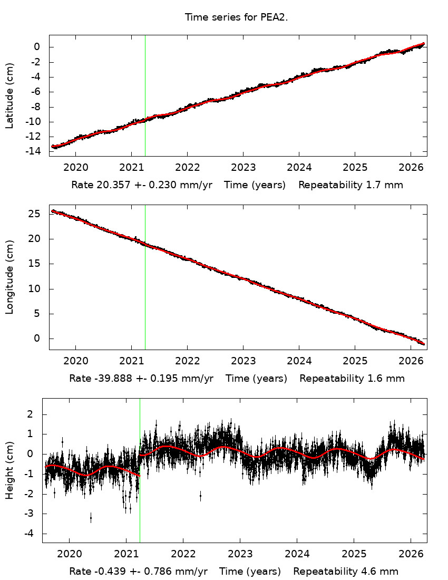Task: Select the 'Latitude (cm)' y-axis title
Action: pyautogui.click(x=9, y=95)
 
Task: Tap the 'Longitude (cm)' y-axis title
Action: pyautogui.click(x=9, y=277)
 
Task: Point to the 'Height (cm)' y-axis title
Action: pyautogui.click(x=9, y=470)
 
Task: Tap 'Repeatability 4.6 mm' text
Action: pyautogui.click(x=346, y=571)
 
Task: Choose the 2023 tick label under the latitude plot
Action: pyautogui.click(x=243, y=167)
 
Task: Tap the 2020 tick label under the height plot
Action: pyautogui.click(x=69, y=553)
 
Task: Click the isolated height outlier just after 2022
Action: pyautogui.click(x=200, y=496)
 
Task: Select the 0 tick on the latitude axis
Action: pyautogui.click(x=37, y=47)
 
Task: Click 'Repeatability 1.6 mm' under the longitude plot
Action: pyautogui.click(x=352, y=378)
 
